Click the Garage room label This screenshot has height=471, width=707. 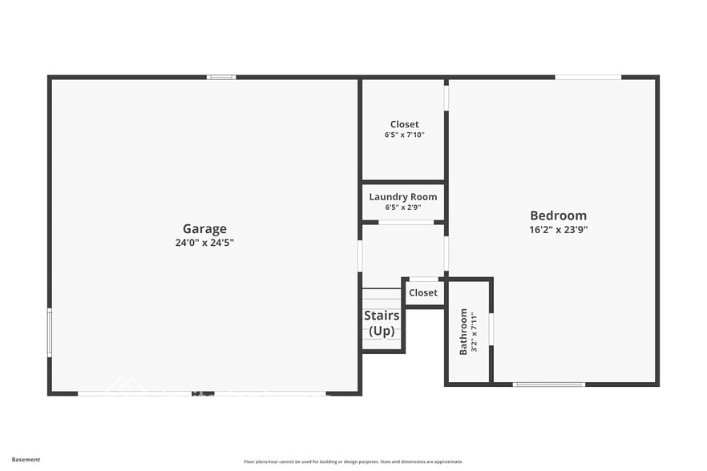(204, 228)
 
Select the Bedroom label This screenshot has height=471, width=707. (558, 215)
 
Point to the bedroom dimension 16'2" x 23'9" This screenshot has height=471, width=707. (559, 229)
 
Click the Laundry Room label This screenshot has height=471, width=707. (403, 196)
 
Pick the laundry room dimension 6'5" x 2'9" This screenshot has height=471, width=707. (404, 207)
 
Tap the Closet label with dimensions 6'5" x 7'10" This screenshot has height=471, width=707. (404, 124)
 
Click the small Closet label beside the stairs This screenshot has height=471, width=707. (423, 292)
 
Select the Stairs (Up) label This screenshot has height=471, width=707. (382, 323)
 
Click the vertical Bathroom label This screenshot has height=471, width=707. (463, 332)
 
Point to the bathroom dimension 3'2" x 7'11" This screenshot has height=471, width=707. (474, 332)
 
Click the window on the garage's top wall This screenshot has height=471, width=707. (221, 77)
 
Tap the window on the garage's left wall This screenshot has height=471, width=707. (50, 332)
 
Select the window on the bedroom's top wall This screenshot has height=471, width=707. (588, 77)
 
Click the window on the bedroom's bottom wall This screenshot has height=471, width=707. (549, 384)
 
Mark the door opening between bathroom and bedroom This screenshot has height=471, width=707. (491, 328)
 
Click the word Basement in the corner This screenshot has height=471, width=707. (26, 460)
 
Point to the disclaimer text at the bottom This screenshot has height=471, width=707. (353, 461)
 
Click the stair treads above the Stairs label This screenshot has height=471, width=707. (382, 296)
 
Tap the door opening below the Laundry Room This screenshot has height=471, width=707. (406, 222)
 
